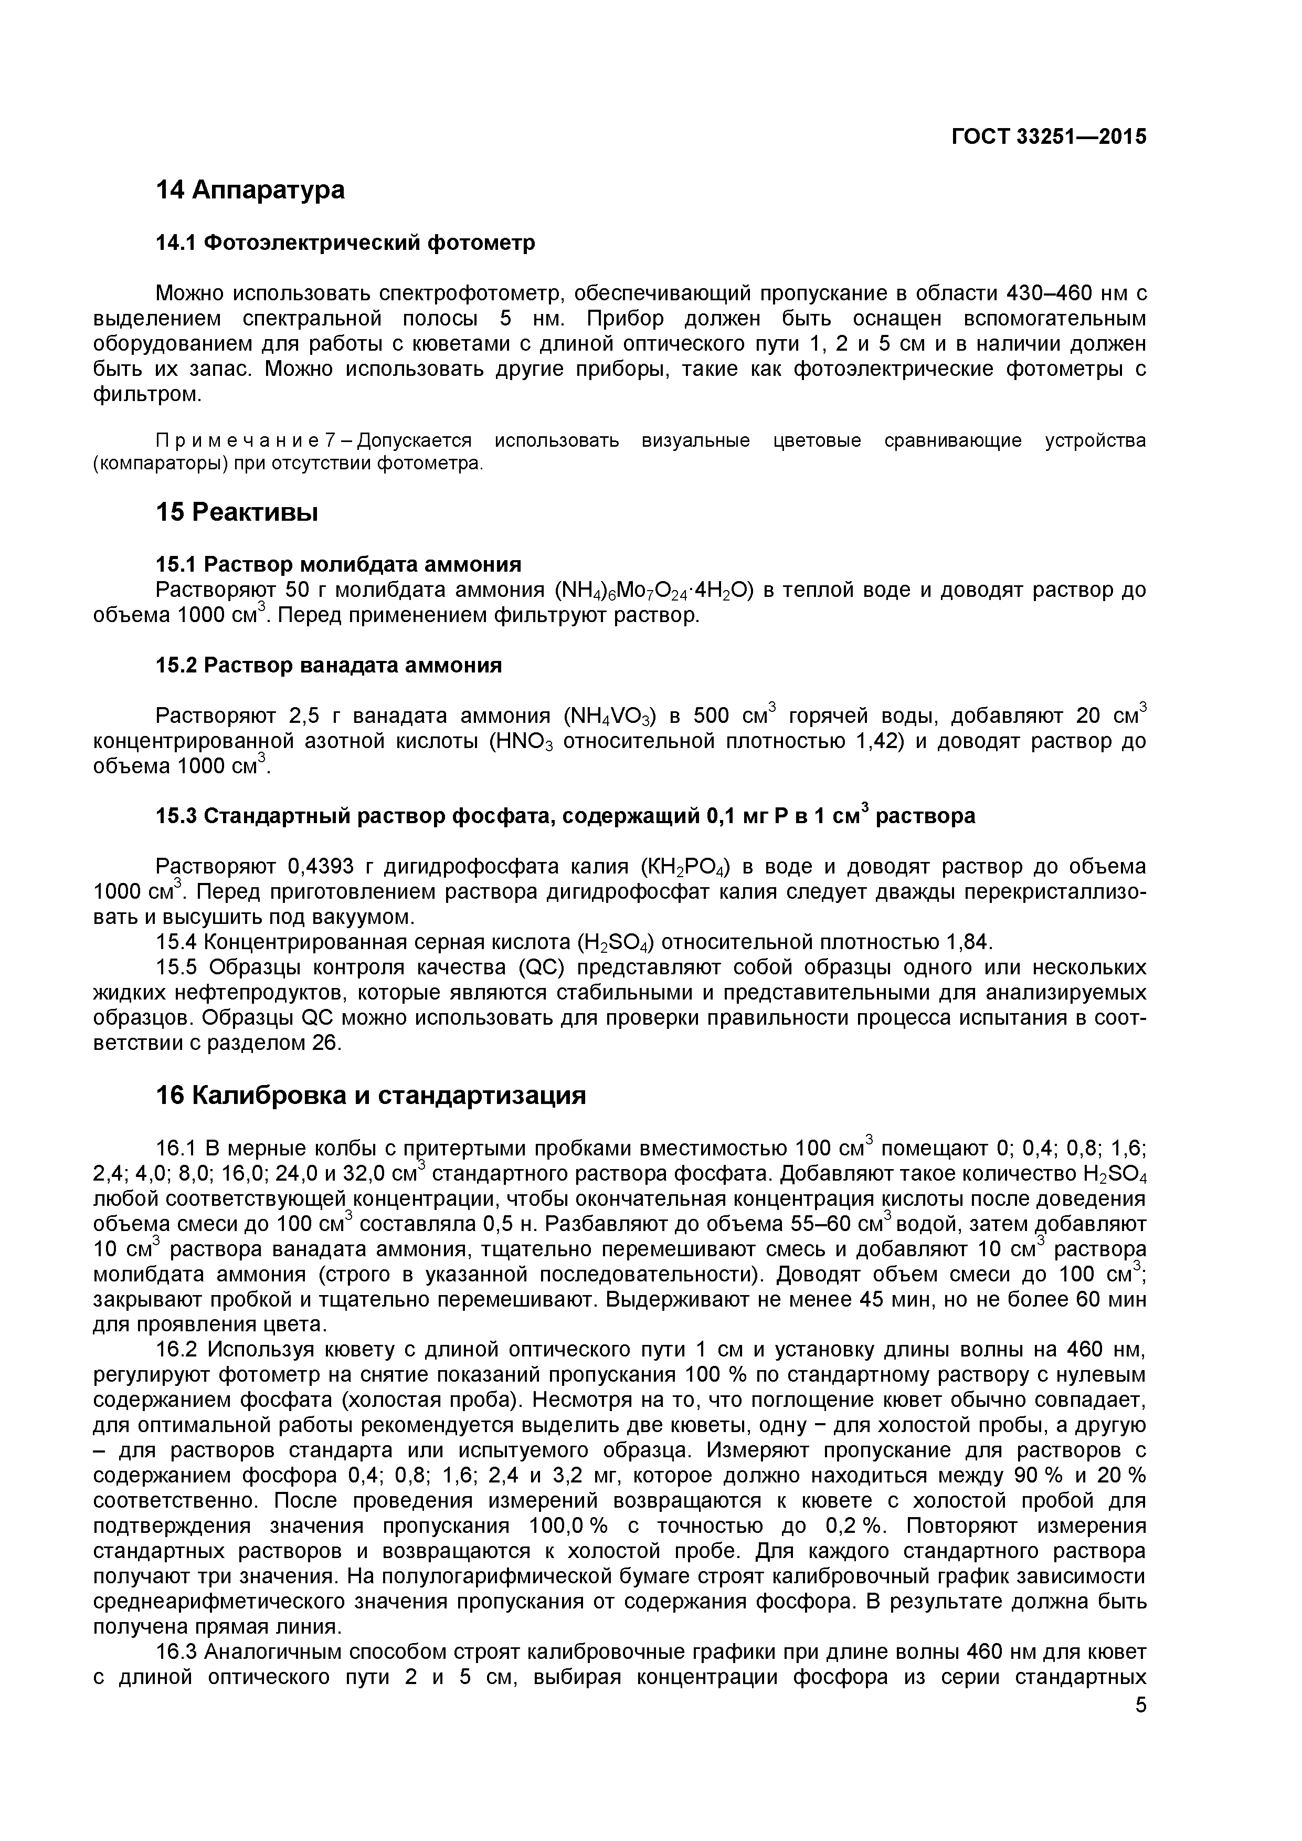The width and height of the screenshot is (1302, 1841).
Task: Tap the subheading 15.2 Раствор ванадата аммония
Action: [x=328, y=666]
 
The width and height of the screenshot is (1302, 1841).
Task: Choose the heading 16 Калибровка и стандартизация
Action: [x=371, y=1095]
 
